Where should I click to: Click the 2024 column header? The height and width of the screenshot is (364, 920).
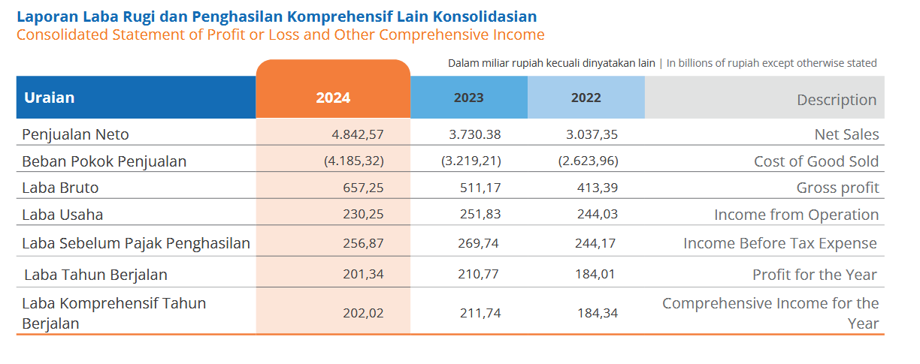[333, 98]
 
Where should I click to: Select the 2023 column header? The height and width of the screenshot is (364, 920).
[468, 98]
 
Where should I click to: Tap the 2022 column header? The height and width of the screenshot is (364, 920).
[586, 98]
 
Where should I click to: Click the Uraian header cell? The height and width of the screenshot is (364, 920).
[50, 98]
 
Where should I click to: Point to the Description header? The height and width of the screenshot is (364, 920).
[836, 100]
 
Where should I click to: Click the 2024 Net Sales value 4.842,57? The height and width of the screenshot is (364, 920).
[358, 135]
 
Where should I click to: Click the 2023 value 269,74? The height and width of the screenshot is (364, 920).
[480, 243]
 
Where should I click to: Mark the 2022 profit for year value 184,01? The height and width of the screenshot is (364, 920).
[595, 274]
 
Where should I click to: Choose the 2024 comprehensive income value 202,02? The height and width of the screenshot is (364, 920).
[363, 313]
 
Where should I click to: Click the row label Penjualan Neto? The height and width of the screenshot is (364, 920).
[75, 135]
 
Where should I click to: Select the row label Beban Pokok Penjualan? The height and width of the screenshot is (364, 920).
[104, 161]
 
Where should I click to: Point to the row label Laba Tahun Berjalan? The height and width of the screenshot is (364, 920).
[95, 275]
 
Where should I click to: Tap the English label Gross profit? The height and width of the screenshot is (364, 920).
[837, 188]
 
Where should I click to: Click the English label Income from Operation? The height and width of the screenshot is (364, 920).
[796, 215]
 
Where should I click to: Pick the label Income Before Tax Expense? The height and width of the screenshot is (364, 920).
[779, 243]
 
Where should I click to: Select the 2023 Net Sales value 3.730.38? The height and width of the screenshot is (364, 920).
[475, 135]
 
